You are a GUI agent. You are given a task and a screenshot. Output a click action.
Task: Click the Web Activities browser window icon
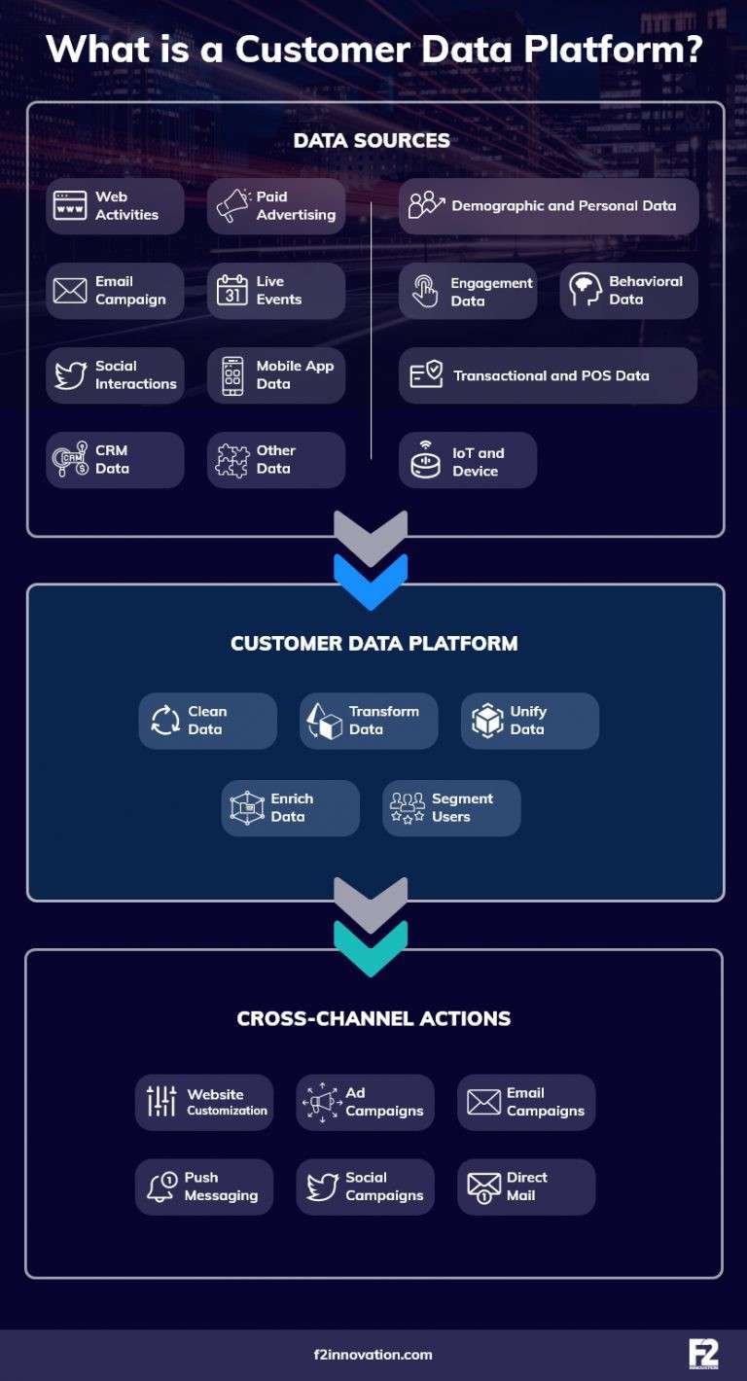70,205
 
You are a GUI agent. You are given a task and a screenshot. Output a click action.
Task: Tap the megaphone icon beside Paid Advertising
232,205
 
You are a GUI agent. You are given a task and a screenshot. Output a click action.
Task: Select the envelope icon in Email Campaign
70,291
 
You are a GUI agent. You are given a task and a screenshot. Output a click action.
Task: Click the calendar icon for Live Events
232,291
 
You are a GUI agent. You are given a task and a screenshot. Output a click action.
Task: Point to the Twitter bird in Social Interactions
70,375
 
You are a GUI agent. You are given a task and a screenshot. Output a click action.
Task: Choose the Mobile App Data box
276,375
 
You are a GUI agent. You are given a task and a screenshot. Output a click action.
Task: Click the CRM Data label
112,460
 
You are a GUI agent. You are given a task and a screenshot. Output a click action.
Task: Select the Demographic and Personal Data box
549,206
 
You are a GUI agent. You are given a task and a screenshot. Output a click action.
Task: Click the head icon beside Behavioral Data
586,291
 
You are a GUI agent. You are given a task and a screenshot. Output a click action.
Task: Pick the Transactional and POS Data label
551,375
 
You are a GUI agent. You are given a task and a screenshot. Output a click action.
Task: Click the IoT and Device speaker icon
425,461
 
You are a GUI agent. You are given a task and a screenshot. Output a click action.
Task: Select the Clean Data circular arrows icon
165,721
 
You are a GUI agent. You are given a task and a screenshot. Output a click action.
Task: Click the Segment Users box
451,808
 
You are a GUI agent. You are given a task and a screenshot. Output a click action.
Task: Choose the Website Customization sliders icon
161,1102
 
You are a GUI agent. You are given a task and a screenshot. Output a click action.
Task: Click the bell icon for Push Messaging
161,1186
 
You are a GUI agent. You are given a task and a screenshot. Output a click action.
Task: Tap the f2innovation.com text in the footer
373,1354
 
